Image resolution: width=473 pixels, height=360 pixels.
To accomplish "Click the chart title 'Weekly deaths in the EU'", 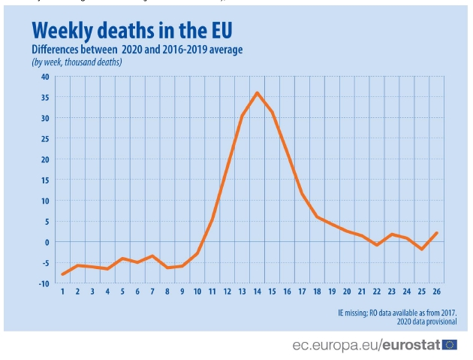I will point(132,29).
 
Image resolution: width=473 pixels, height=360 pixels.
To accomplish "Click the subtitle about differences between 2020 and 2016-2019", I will point(137,50).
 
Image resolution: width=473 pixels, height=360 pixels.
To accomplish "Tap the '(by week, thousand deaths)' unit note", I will point(77,62).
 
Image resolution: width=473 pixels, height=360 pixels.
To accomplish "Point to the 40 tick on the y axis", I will point(44,77).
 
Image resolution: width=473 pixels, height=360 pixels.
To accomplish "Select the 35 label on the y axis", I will point(44,98).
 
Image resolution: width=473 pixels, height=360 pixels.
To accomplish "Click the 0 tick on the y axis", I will point(47,242).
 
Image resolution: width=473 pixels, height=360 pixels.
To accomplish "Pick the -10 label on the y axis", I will point(44,283).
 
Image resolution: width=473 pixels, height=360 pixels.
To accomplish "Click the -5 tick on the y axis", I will point(45,263).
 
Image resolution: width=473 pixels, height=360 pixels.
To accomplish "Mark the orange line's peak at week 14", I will point(257,92).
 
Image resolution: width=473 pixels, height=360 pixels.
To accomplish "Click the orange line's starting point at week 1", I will point(62,274).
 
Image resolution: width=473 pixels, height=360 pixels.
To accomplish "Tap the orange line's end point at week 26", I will point(437,233).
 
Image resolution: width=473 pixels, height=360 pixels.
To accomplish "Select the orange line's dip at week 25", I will point(422,249).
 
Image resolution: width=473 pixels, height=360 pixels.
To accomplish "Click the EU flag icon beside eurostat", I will point(450,345).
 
